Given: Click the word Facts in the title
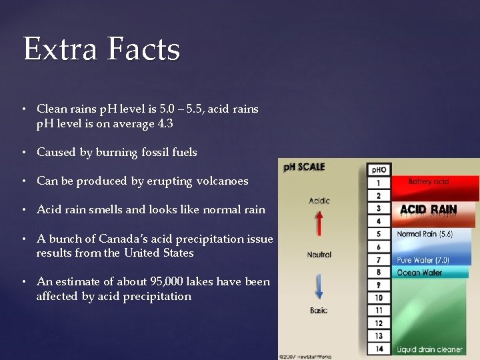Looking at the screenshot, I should tap(143, 49).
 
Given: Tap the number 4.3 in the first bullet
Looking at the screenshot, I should tap(162, 123).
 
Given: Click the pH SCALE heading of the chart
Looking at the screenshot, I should tap(305, 167).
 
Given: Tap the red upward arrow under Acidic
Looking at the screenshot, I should tap(319, 222).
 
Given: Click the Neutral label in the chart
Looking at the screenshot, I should tap(319, 254).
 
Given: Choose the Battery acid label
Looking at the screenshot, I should tap(429, 181).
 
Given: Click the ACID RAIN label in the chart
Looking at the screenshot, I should tap(429, 209).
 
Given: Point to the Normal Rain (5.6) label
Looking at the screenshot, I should tap(425, 234).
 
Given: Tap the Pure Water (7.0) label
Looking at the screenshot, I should tap(423, 260).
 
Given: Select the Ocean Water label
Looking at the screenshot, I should tap(419, 272).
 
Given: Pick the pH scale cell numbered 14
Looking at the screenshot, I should tap(379, 349).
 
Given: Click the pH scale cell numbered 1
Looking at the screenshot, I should tap(379, 183).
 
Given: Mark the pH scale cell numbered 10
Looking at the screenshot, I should tap(379, 297).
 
